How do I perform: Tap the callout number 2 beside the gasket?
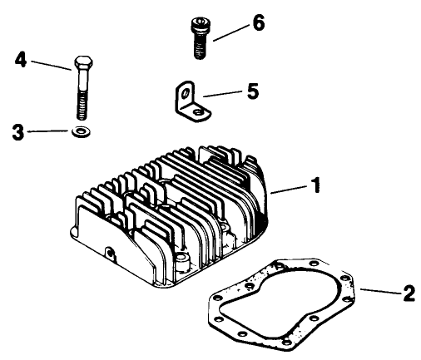(407, 293)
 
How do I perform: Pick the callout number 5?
(252, 90)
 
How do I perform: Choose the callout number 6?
(258, 22)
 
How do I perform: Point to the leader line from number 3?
(50, 131)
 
